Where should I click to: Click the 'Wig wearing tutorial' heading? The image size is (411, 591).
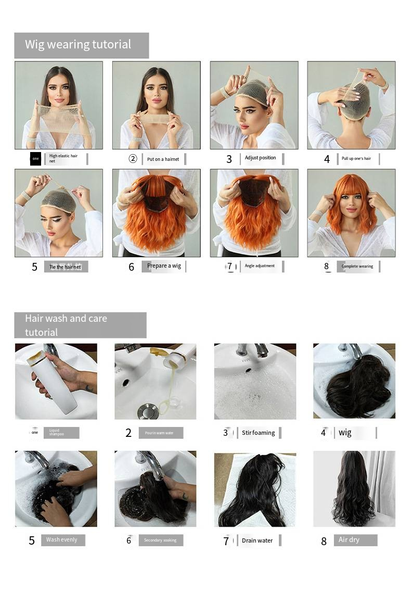[x=78, y=45]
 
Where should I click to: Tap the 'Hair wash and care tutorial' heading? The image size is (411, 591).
[x=66, y=325]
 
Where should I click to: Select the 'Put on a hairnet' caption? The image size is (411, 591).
[x=163, y=159]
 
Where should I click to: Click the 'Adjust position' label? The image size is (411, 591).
[x=260, y=158]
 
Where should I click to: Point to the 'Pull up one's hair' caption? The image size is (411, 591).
[x=356, y=159]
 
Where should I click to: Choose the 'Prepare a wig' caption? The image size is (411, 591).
[x=164, y=266]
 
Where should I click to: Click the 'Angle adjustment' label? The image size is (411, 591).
[x=260, y=266]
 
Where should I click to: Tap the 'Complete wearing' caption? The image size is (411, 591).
[x=357, y=267]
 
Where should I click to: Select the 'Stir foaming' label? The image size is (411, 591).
[x=259, y=433]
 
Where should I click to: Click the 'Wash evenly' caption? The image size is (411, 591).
[x=61, y=540]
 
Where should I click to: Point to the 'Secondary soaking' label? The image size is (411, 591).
[x=160, y=540]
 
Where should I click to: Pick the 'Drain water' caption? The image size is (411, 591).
[x=257, y=540]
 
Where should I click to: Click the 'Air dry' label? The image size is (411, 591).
[x=349, y=540]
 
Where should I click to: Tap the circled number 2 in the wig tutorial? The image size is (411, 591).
[x=133, y=159]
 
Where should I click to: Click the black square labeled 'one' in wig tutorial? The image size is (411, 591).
[x=35, y=158]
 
